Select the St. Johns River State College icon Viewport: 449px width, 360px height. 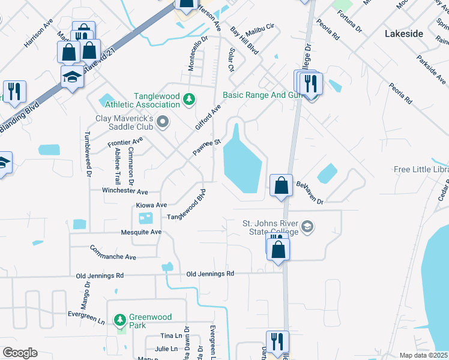point(307,227)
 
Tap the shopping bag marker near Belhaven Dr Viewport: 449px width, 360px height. point(281,186)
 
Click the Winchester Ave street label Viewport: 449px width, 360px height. point(124,192)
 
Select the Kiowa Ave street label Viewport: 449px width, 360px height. point(151,205)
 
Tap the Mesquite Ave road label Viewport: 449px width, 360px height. point(141,232)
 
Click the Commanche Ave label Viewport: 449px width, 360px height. point(113,252)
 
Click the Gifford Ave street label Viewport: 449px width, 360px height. point(208,117)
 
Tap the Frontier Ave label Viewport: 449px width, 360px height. point(125,142)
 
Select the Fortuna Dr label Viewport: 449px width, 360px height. point(350,22)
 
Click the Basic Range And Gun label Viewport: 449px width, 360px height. point(261,95)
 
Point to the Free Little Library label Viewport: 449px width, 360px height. point(421,170)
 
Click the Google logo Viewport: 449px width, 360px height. point(20,353)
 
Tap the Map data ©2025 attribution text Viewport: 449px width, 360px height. point(423,355)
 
